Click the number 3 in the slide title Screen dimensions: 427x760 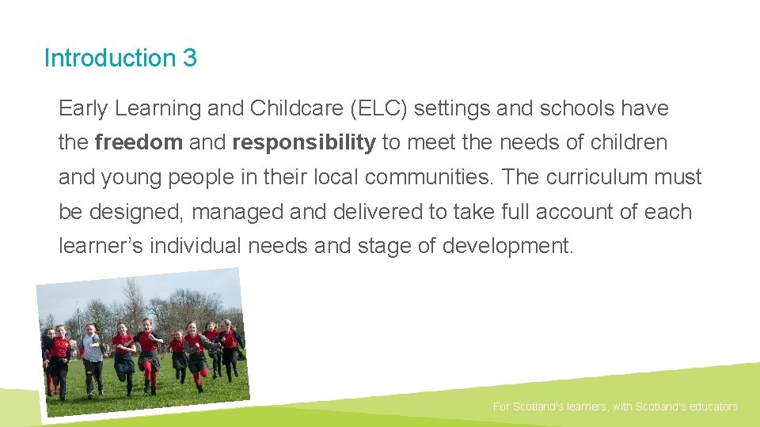click(x=188, y=59)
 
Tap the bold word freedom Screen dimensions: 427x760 click(x=139, y=142)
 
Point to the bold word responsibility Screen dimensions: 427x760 click(x=304, y=142)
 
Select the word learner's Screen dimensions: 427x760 click(x=96, y=246)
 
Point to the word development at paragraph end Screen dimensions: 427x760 click(x=506, y=246)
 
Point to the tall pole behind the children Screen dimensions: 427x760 click(x=78, y=312)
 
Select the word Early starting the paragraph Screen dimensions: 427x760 click(x=84, y=108)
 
